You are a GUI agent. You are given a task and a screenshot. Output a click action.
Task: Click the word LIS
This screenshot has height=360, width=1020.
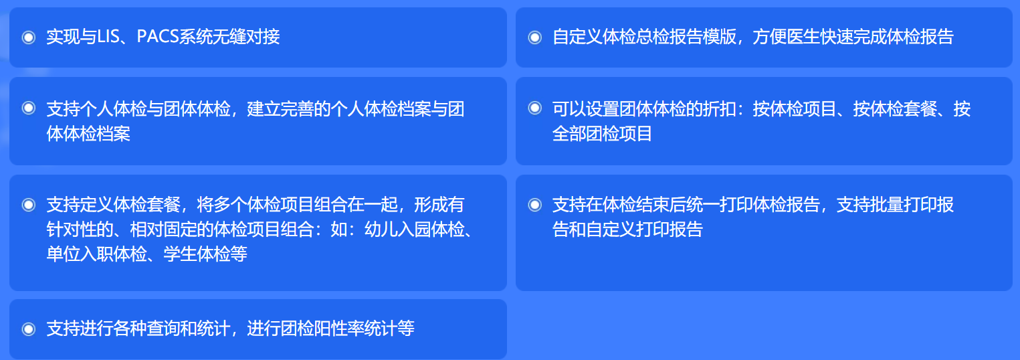click(108, 36)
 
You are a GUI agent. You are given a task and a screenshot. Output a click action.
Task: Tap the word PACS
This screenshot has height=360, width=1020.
click(158, 36)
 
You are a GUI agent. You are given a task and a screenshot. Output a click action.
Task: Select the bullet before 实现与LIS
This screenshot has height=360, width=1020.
click(29, 37)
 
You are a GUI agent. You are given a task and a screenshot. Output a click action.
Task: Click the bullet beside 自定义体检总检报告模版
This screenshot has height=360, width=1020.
click(534, 37)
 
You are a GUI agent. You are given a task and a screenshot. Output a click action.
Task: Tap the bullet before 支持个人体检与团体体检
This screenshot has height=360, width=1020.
click(29, 108)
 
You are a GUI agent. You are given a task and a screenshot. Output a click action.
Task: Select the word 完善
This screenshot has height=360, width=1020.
click(297, 109)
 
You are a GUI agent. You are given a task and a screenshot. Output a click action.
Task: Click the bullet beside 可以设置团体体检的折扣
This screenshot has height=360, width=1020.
click(534, 108)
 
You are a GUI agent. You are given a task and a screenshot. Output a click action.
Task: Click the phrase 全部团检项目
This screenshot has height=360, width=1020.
click(603, 134)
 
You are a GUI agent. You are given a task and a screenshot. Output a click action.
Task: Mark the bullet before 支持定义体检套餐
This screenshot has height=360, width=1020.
click(29, 205)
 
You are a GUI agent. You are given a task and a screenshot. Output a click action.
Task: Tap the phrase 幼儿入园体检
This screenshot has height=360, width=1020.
click(415, 230)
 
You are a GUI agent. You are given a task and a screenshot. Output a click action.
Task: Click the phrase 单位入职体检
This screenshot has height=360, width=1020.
click(96, 254)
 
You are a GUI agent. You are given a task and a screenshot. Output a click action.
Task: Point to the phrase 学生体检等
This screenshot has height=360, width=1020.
click(205, 254)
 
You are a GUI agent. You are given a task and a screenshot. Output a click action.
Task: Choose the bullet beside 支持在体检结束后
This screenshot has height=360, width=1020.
click(534, 205)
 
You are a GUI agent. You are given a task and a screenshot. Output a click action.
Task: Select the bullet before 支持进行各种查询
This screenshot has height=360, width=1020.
click(29, 329)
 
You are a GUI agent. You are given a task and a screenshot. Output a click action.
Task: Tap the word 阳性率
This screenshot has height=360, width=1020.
click(339, 328)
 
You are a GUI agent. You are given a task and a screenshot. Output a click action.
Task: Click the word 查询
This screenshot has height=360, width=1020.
click(163, 328)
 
